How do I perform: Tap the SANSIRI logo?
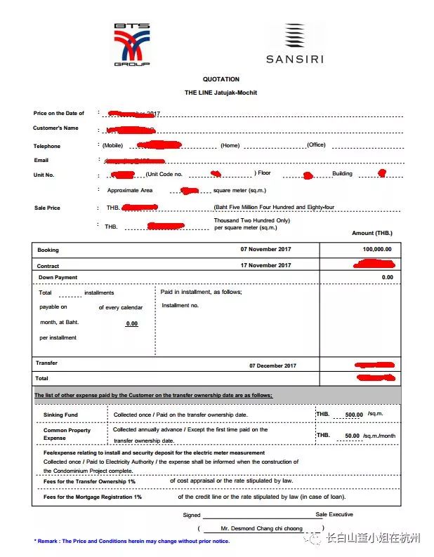(x=294, y=45)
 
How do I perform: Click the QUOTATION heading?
(x=221, y=79)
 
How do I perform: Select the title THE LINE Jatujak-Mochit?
(x=221, y=93)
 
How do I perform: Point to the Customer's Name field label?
(x=55, y=128)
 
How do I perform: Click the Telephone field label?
(x=47, y=146)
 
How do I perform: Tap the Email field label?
(x=41, y=160)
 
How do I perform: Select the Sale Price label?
(x=47, y=208)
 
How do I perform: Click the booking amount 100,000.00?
(x=377, y=249)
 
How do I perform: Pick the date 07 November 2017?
(x=265, y=249)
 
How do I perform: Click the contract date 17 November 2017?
(x=265, y=265)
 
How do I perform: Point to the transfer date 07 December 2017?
(x=272, y=365)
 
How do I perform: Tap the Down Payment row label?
(x=58, y=278)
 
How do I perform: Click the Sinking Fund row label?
(x=60, y=415)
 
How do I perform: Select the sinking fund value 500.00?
(x=354, y=415)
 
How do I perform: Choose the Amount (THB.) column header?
(x=371, y=233)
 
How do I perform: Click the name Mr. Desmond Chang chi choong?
(x=261, y=528)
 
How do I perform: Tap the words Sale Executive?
(x=334, y=514)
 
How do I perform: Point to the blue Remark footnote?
(x=131, y=541)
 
